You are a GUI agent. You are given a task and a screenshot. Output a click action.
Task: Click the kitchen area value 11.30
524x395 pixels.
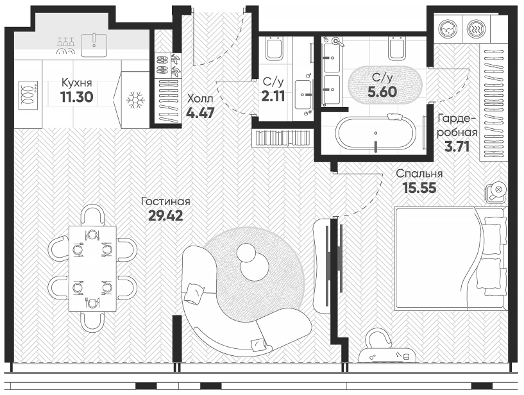pyautogui.click(x=76, y=97)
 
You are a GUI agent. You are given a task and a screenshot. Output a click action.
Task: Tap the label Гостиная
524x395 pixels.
pyautogui.click(x=166, y=201)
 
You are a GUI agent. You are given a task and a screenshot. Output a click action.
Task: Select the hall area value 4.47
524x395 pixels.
pyautogui.click(x=201, y=113)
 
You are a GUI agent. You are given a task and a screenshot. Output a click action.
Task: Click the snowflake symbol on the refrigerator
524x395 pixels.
pyautogui.click(x=134, y=100)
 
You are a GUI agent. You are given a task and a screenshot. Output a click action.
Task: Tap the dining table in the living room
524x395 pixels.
pyautogui.click(x=92, y=267)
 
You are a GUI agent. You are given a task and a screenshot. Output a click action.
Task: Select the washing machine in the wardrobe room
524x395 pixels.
pyautogui.click(x=446, y=28)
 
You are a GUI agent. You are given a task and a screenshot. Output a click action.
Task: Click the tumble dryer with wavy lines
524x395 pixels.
pyautogui.click(x=475, y=28)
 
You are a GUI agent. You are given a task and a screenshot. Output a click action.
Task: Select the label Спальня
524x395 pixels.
pyautogui.click(x=419, y=173)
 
